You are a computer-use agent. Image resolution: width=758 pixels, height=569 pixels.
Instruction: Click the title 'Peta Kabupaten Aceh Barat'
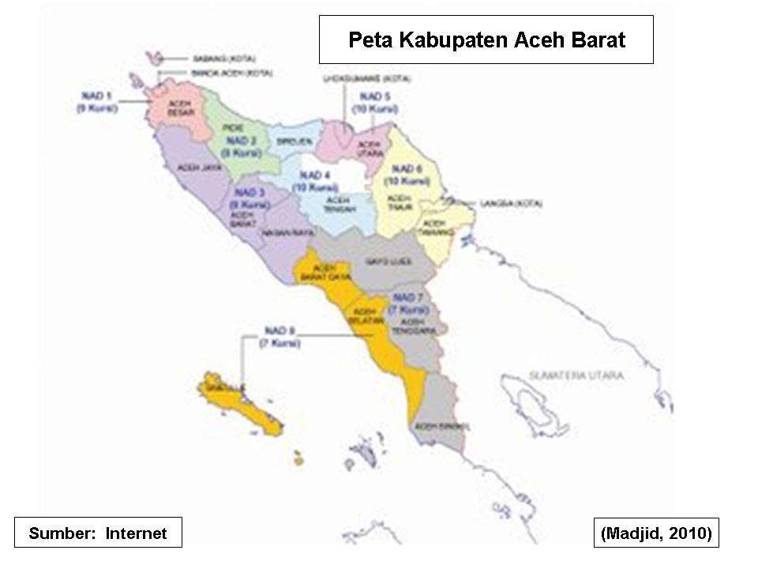486,40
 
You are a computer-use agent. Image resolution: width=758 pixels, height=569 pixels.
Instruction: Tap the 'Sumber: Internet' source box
98,533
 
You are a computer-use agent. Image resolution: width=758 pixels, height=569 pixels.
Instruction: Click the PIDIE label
232,127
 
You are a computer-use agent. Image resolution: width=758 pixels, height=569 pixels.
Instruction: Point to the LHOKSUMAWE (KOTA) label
366,79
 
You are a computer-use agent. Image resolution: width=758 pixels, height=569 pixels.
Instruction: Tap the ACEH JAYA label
198,168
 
